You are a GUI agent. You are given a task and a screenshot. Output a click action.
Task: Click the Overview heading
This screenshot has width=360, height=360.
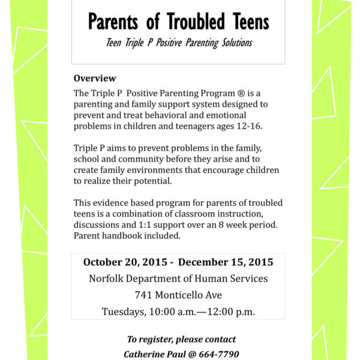(x=95, y=79)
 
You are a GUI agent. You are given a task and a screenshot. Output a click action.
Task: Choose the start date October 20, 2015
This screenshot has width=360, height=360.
(x=127, y=262)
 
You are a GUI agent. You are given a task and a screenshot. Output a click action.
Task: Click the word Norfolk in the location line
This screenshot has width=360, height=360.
(x=107, y=278)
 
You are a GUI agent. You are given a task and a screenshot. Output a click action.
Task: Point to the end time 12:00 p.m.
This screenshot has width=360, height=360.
(x=230, y=311)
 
